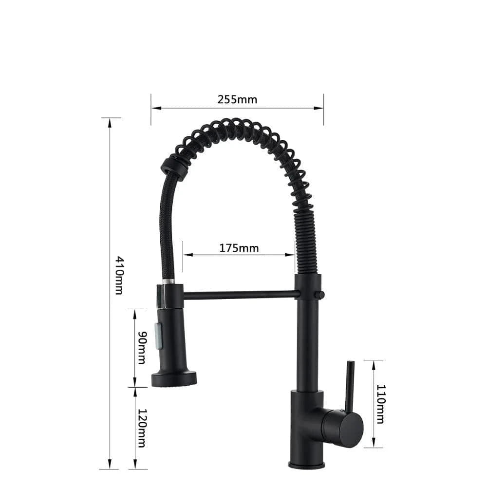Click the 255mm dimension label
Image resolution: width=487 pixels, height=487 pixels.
click(237, 100)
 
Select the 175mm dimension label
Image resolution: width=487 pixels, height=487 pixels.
click(239, 248)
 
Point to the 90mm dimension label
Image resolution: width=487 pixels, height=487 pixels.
click(142, 347)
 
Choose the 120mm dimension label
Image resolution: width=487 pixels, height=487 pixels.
click(142, 428)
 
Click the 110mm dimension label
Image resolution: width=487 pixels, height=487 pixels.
click(380, 404)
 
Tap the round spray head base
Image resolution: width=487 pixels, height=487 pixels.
click(174, 378)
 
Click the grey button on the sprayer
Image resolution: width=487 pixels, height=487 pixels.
click(158, 335)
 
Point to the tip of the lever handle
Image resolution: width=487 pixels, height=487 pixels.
click(350, 362)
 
